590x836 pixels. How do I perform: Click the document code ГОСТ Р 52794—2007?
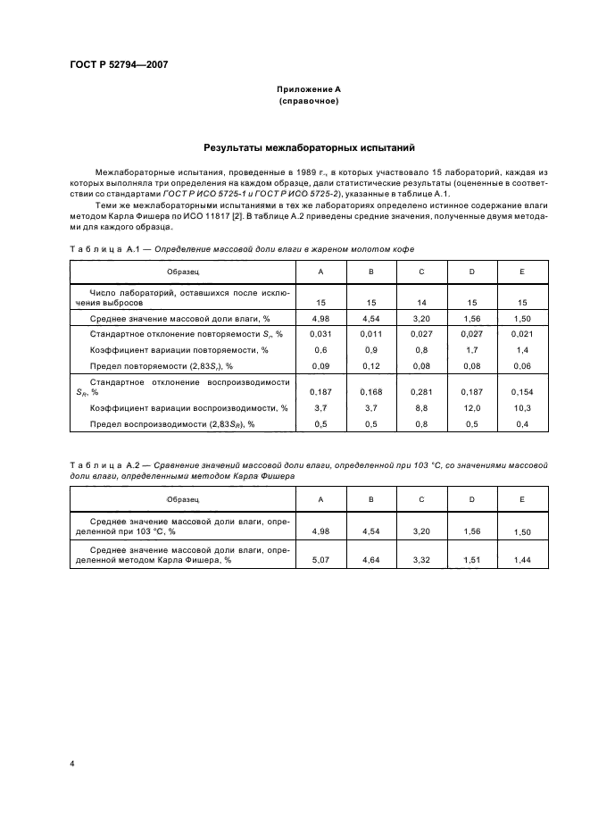point(119,65)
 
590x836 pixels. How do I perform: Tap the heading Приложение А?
point(308,89)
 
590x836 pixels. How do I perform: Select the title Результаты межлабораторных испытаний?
point(308,148)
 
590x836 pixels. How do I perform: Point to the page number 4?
point(71,762)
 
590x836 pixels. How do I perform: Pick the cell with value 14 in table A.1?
point(421,303)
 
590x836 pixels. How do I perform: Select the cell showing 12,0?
point(471,407)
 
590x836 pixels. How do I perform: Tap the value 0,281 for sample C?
point(421,391)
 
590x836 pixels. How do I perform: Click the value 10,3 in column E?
point(522,407)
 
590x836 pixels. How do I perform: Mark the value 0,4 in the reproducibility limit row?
point(522,423)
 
